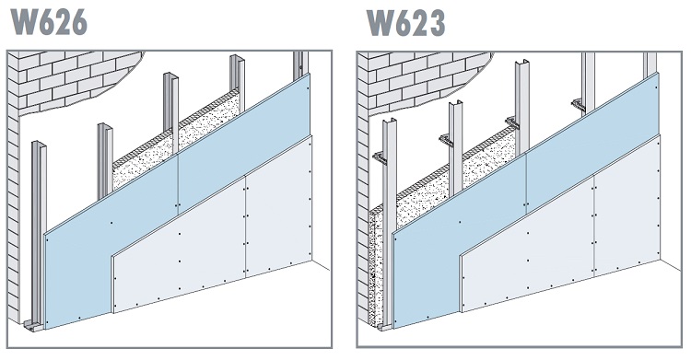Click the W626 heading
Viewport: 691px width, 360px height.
(x=48, y=20)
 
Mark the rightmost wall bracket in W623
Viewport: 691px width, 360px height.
(x=578, y=104)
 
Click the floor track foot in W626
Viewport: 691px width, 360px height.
(x=33, y=325)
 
